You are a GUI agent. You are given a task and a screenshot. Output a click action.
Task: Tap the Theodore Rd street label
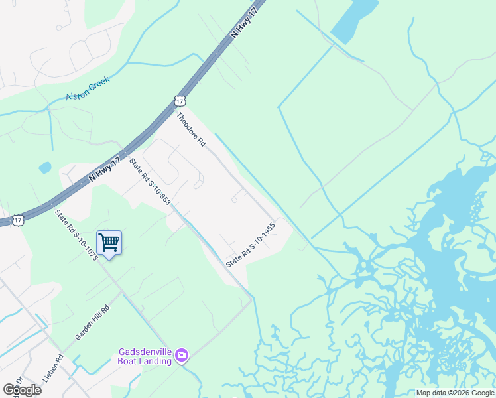191,129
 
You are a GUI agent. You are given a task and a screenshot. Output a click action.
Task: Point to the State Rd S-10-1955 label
250,245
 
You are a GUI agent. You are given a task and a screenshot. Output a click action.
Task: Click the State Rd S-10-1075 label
76,235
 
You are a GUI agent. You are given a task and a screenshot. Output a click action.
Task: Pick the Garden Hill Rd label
92,323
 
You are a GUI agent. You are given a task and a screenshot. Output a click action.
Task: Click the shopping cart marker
109,242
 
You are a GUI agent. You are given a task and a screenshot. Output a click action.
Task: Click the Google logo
23,389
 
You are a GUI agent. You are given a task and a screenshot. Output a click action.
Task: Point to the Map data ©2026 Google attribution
455,393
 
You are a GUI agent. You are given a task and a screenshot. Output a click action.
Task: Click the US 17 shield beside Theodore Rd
180,101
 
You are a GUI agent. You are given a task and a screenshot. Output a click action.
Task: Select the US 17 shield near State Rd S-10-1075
18,218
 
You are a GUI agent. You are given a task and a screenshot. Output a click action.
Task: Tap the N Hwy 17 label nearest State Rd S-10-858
104,169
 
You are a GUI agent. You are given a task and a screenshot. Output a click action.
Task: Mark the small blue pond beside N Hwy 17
45,167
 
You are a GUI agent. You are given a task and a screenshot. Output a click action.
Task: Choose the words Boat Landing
145,362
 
